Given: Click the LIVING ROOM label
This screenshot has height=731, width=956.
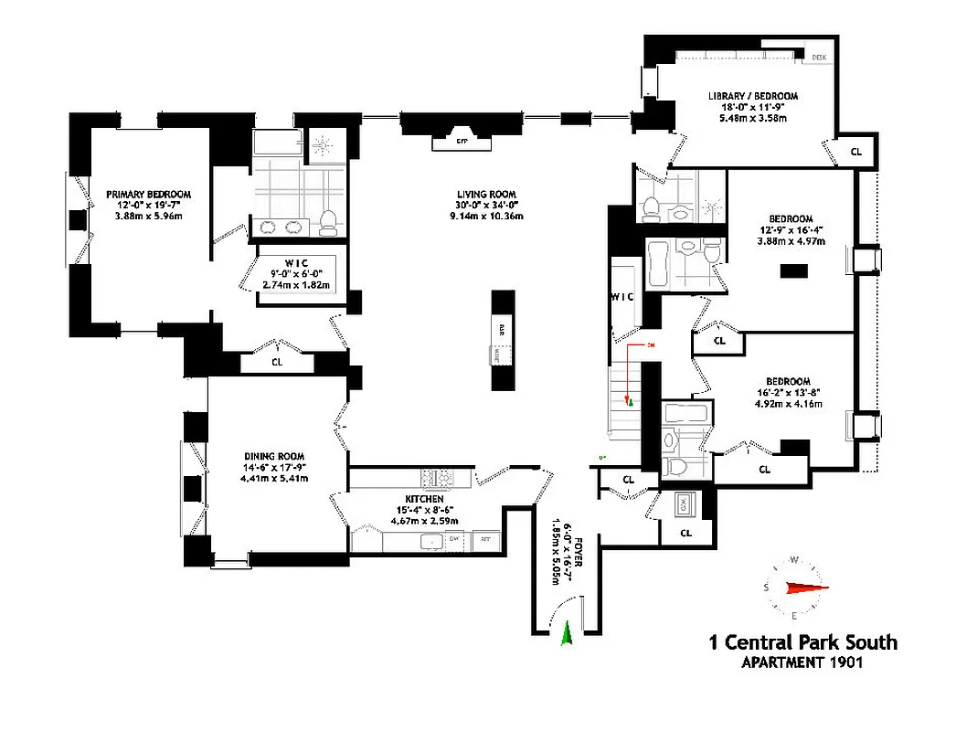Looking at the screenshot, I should [x=487, y=195].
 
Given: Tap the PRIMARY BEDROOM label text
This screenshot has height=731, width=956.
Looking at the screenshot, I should [x=148, y=194].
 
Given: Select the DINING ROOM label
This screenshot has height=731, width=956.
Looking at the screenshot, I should [x=273, y=456].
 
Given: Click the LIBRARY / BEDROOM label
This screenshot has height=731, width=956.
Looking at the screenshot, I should [x=753, y=96].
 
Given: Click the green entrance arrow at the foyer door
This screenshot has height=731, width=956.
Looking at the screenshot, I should [x=566, y=633].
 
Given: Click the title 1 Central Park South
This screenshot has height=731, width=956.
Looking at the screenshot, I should [x=802, y=642].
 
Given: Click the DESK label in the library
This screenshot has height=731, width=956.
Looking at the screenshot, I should [x=818, y=58].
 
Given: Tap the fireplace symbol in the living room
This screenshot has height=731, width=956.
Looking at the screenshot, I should [x=462, y=142].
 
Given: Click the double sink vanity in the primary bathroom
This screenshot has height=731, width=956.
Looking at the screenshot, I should [x=281, y=228].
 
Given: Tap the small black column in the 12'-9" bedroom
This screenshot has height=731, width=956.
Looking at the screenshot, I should [x=793, y=270].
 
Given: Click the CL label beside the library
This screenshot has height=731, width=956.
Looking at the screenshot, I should [x=856, y=153].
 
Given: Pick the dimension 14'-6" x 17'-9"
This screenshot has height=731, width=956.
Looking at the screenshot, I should [x=273, y=467].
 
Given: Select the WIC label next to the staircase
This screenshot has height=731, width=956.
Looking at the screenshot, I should [x=622, y=296].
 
